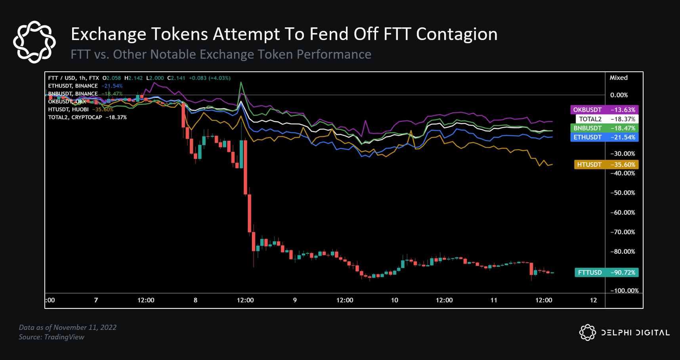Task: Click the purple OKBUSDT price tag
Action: click(604, 110)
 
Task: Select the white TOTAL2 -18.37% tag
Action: click(607, 119)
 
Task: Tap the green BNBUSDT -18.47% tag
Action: click(604, 128)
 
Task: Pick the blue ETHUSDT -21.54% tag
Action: click(604, 137)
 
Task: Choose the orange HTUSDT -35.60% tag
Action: click(606, 165)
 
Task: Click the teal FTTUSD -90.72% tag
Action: click(606, 272)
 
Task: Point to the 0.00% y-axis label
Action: click(619, 95)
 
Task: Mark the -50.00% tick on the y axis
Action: click(623, 193)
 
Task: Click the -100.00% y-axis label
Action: click(624, 291)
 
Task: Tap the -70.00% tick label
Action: click(623, 232)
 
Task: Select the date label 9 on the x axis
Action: click(295, 300)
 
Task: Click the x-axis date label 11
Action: click(494, 300)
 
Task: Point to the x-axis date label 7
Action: click(96, 300)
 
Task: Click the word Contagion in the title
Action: click(457, 34)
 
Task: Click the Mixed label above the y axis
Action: click(619, 78)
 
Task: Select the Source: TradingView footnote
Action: click(52, 337)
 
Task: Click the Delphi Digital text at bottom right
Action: click(635, 333)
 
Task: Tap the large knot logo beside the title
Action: click(34, 42)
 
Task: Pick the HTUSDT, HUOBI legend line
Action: click(69, 109)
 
